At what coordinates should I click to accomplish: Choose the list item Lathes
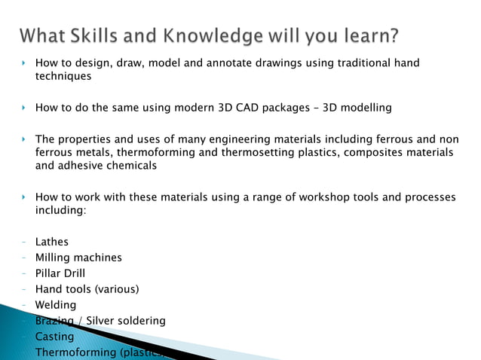pyautogui.click(x=52, y=242)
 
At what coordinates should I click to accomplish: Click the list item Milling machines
pyautogui.click(x=78, y=258)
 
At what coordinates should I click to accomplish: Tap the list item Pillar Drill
pyautogui.click(x=66, y=273)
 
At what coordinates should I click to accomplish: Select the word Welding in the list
pyautogui.click(x=56, y=305)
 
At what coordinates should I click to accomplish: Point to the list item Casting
pyautogui.click(x=54, y=337)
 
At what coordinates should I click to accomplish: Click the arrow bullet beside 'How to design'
pyautogui.click(x=24, y=63)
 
